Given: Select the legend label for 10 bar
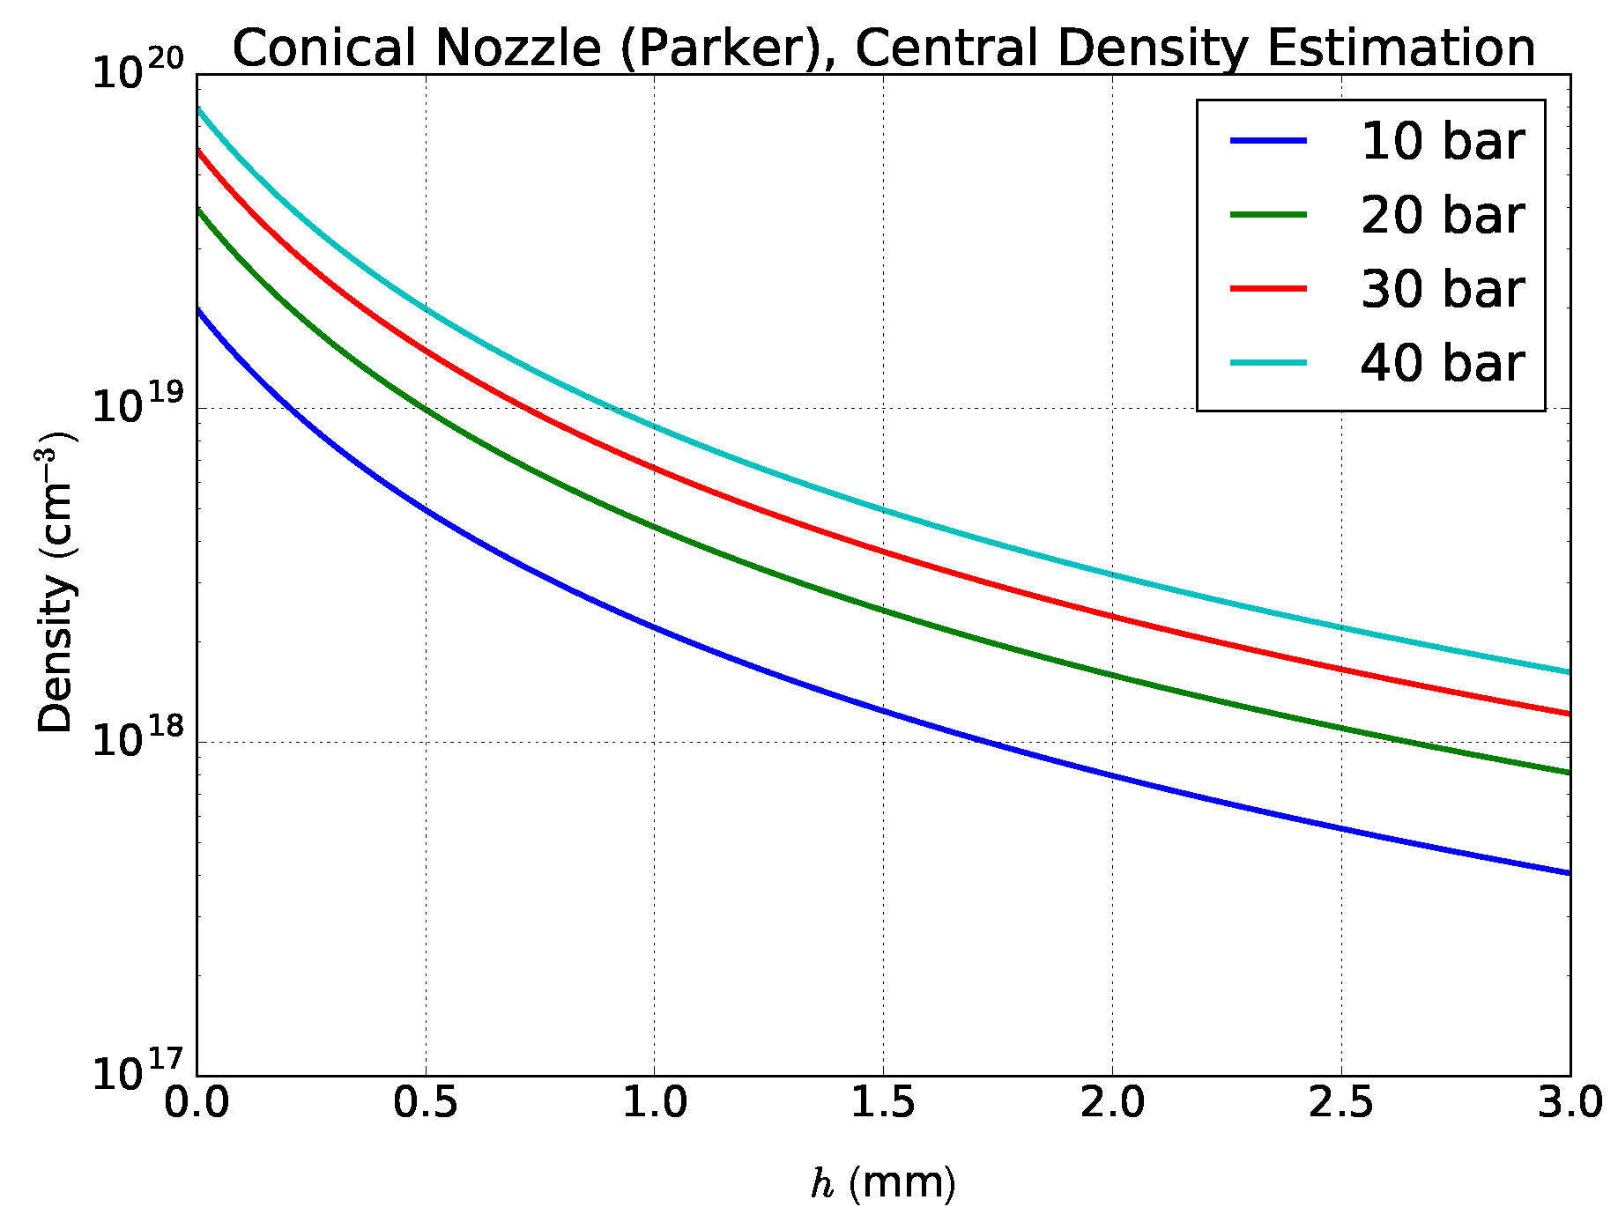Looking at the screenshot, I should point(1442,141).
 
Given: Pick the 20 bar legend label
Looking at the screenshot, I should point(1442,215).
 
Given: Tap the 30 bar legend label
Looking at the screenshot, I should point(1442,289).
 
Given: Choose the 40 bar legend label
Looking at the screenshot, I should point(1442,363).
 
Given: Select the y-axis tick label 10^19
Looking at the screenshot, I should point(137,406).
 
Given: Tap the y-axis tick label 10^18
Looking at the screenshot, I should point(137,740).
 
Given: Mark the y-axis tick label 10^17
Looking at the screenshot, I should point(137,1074).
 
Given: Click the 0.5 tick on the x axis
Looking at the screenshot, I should point(426,1104).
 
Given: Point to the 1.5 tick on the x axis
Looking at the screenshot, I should point(883,1104).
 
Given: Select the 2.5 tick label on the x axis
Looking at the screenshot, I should point(1340,1104).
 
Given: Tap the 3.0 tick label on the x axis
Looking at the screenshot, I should point(1570,1104).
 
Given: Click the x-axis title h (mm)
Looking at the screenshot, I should point(883,1183).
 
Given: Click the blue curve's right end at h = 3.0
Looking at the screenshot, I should point(1569,872).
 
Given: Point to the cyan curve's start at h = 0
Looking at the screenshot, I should point(198,109).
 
